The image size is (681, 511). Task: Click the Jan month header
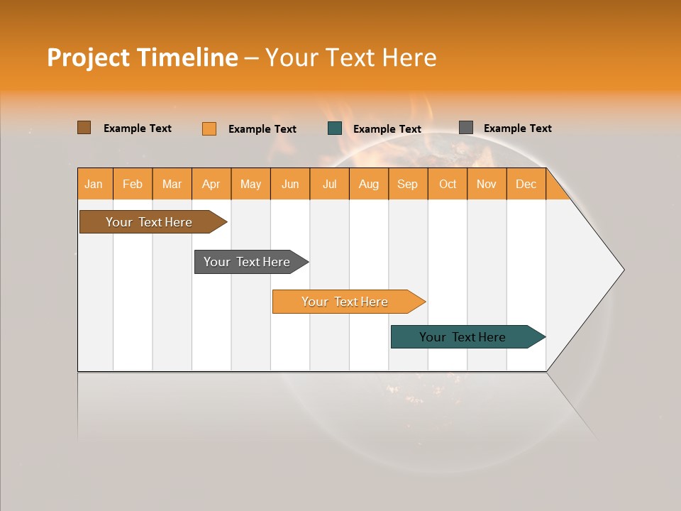tap(94, 184)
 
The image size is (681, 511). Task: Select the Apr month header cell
tap(211, 184)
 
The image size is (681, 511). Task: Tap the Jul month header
tap(329, 184)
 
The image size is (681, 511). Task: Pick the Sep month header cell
tap(408, 184)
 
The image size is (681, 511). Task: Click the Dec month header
tap(526, 184)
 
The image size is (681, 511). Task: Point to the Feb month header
tap(133, 184)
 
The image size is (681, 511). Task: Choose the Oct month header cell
tap(447, 184)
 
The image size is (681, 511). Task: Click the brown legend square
tap(84, 127)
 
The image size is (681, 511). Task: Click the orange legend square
tap(209, 128)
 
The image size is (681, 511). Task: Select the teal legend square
tap(335, 128)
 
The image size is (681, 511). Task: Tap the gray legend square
tap(465, 127)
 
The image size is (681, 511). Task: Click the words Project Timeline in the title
tap(142, 57)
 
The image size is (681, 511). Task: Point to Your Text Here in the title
tap(350, 57)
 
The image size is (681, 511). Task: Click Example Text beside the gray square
tap(518, 128)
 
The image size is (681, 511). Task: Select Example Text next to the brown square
tap(138, 128)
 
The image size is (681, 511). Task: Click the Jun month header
tap(290, 184)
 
